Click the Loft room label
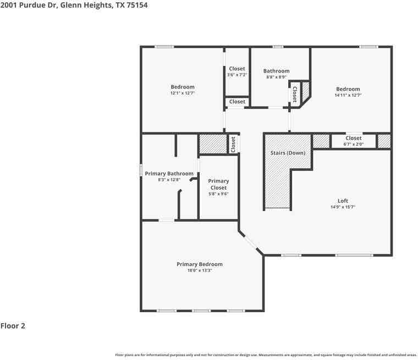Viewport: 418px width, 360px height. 343,201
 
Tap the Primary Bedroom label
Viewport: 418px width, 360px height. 200,264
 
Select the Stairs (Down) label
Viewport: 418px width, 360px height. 288,153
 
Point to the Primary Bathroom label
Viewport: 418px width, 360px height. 169,174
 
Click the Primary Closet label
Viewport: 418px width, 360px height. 218,184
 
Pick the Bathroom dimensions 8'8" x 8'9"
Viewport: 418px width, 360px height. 276,77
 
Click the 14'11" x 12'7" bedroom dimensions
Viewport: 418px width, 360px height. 348,95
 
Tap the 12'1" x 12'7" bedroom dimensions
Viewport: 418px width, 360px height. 183,93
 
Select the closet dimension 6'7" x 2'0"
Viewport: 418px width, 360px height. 354,144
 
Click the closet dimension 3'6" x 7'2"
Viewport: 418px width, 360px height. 237,75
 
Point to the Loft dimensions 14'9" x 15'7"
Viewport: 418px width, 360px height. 343,207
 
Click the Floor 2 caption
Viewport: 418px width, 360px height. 13,325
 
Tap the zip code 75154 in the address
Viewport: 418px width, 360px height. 137,5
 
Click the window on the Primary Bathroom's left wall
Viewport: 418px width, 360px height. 141,170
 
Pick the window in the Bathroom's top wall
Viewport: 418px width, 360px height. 278,47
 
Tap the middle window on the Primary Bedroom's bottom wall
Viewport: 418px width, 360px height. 201,311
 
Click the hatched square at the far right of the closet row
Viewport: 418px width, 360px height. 384,141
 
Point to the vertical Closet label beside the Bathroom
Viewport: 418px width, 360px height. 295,94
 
